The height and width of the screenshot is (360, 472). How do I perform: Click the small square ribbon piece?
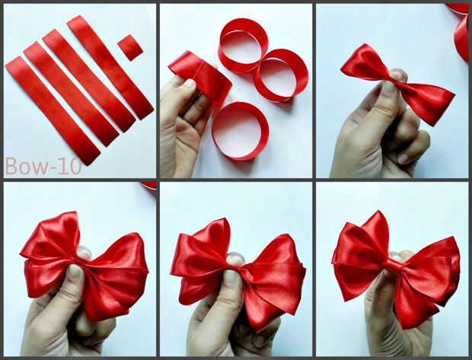pyautogui.click(x=130, y=47)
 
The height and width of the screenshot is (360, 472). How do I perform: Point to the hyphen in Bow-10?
pyautogui.click(x=52, y=168)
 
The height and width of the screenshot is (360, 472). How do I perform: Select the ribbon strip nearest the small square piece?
pyautogui.click(x=110, y=67)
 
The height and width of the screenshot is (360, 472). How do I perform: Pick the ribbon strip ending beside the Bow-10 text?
pyautogui.click(x=53, y=110)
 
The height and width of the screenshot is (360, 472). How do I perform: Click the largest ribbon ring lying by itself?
pyautogui.click(x=241, y=131)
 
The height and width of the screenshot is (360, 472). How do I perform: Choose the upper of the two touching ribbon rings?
pyautogui.click(x=244, y=45)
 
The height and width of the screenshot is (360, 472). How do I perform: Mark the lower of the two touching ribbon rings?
pyautogui.click(x=281, y=75)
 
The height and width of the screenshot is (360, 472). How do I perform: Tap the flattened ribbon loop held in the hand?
pyautogui.click(x=200, y=77)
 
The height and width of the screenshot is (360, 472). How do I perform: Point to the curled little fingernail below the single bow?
pyautogui.click(x=403, y=158)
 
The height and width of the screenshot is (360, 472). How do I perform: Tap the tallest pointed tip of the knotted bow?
pyautogui.click(x=376, y=212)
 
